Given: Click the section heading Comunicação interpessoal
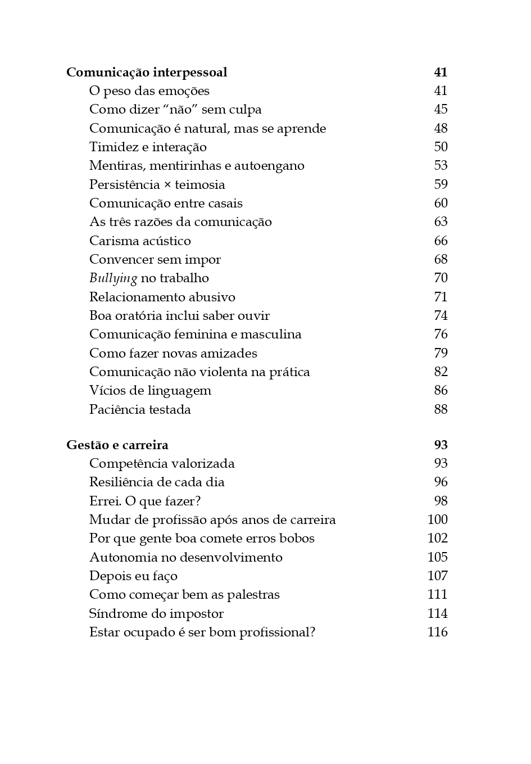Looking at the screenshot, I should [x=147, y=73].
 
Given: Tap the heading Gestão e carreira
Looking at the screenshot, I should [x=117, y=445].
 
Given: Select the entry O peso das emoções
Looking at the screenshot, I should [x=149, y=91].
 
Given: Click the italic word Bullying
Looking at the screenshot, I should [x=113, y=278].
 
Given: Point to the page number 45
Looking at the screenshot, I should [x=441, y=110].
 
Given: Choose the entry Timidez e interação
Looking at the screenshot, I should [x=148, y=147].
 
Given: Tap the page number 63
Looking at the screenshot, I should [x=441, y=222].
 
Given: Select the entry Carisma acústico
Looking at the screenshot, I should [x=140, y=241].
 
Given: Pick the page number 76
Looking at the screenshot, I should [x=441, y=334].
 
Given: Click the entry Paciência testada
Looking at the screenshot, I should [x=140, y=410].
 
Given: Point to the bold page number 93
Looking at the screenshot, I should [x=441, y=445].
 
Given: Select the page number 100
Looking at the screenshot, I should [x=437, y=520].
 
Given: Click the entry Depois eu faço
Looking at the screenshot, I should [x=133, y=576].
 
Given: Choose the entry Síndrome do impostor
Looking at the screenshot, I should [x=156, y=614].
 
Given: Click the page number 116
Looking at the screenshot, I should [x=437, y=632].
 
